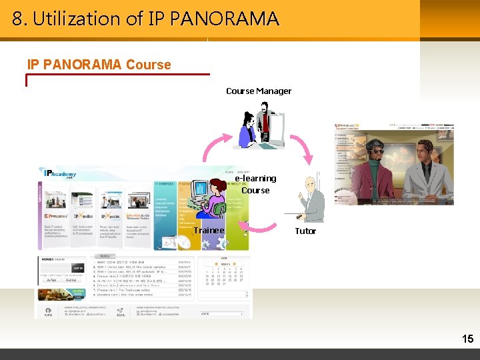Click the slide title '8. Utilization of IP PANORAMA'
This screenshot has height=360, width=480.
coord(145,19)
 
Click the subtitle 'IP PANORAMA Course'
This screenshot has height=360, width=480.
coord(99,65)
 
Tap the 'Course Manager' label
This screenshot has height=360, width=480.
coord(259,91)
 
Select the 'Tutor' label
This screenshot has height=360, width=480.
coord(305,231)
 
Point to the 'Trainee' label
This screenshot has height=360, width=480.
coord(209,230)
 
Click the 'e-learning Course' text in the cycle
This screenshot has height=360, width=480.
coord(255,184)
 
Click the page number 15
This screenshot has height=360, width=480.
coord(467,339)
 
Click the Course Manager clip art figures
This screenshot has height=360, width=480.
coord(258,125)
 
